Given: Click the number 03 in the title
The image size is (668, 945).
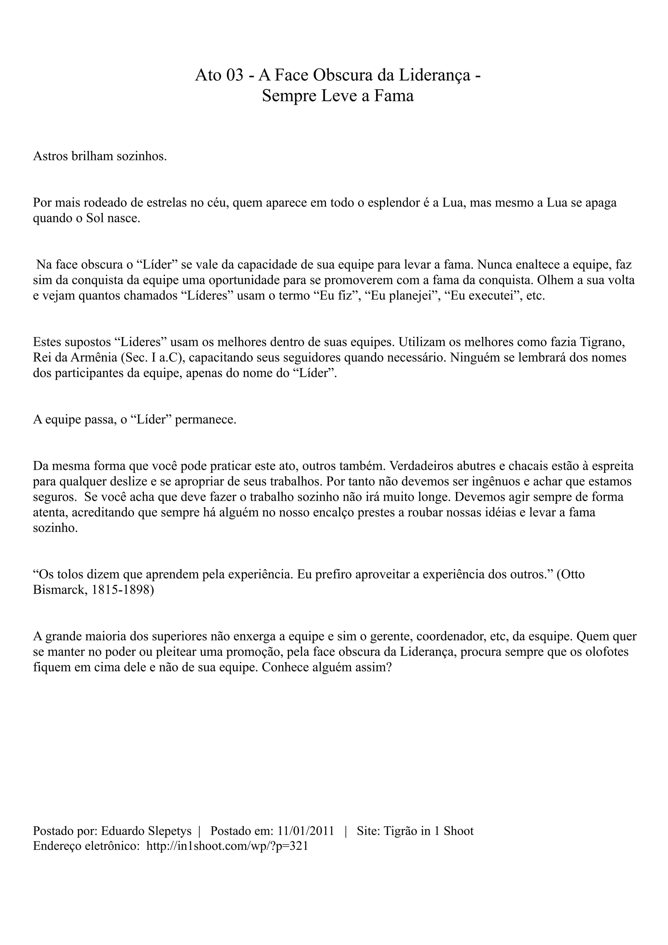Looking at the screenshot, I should point(235,75).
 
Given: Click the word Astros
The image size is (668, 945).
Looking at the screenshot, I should point(50,157).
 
